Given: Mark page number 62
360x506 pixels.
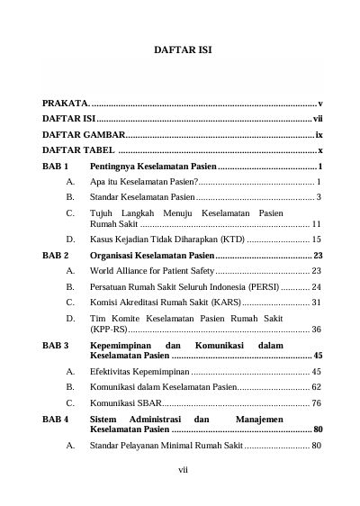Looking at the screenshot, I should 316,386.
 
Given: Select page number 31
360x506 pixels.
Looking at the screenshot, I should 316,301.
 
